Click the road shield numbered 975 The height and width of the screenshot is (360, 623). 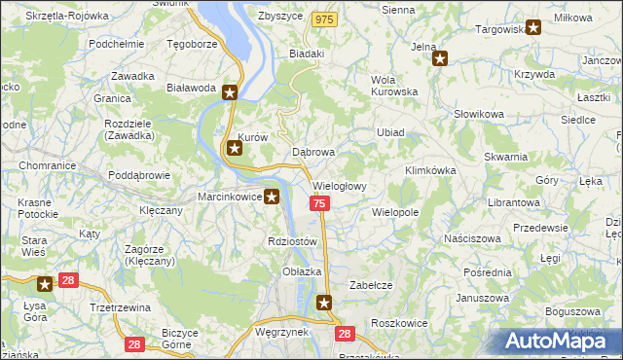pyautogui.click(x=325, y=19)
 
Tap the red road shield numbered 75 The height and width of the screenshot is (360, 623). pyautogui.click(x=319, y=203)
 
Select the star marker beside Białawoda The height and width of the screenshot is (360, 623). pyautogui.click(x=230, y=93)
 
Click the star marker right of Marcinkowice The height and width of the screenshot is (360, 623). pyautogui.click(x=272, y=198)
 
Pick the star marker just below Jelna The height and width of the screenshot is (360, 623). pyautogui.click(x=440, y=58)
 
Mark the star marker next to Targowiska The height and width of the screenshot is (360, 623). pyautogui.click(x=532, y=28)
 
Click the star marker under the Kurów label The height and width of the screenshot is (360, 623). pyautogui.click(x=235, y=149)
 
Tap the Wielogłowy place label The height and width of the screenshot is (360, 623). pyautogui.click(x=339, y=186)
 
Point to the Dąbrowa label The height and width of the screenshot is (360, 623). pyautogui.click(x=313, y=153)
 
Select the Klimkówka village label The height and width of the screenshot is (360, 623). pyautogui.click(x=429, y=170)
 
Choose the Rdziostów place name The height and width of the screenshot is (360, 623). pyautogui.click(x=292, y=241)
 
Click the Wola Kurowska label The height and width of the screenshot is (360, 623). pyautogui.click(x=394, y=87)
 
